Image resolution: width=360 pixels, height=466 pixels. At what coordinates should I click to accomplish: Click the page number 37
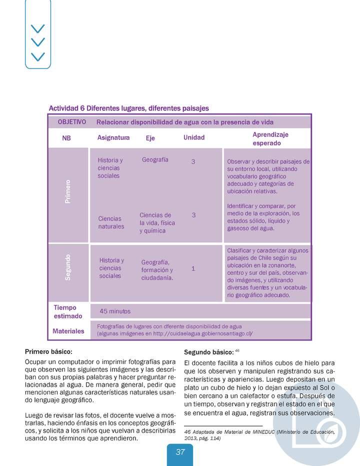click(180, 452)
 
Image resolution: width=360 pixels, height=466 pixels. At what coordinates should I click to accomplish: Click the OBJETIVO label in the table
click(72, 122)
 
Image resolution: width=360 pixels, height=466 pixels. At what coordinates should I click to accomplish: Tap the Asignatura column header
click(113, 137)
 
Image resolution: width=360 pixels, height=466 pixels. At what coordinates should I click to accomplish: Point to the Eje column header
click(150, 138)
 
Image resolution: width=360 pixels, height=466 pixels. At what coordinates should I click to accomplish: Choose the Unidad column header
click(194, 137)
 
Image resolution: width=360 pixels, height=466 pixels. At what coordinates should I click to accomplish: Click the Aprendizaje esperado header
click(270, 138)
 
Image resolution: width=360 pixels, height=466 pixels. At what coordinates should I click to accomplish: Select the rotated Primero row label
click(68, 191)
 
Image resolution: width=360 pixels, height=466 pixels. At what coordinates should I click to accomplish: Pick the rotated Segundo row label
click(68, 267)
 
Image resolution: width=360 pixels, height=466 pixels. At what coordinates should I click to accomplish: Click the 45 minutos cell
click(115, 311)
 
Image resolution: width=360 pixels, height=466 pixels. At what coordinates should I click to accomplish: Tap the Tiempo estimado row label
click(68, 311)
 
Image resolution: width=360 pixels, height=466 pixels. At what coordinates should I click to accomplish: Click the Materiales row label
click(68, 330)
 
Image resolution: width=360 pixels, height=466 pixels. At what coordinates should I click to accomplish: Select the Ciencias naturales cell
click(111, 222)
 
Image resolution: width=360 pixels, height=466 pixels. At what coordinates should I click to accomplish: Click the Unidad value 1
click(193, 268)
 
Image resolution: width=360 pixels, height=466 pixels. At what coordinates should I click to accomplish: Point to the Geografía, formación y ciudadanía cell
click(157, 270)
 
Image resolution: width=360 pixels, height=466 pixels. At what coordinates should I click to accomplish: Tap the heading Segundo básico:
click(208, 351)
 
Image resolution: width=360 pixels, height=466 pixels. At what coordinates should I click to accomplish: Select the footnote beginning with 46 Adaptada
click(259, 434)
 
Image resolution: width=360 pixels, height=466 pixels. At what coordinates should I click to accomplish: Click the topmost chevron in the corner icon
click(37, 28)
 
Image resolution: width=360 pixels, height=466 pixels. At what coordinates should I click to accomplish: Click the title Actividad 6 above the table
click(128, 108)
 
